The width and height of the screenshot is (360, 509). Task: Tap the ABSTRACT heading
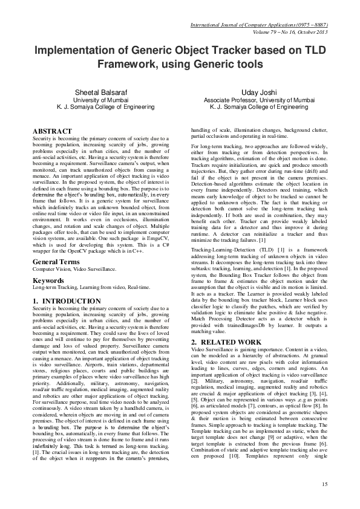(x=52, y=131)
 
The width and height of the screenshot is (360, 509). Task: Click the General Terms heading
(x=57, y=261)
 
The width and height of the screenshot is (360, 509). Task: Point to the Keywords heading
(x=48, y=281)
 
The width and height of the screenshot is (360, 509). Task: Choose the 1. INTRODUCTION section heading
(x=67, y=301)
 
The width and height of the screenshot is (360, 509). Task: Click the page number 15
(x=325, y=483)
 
